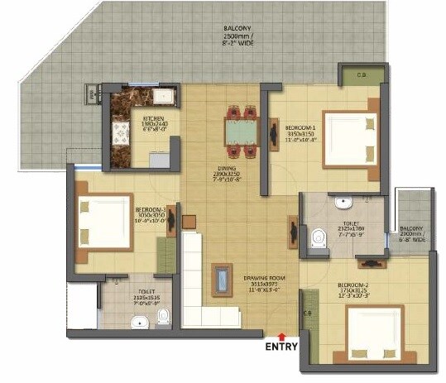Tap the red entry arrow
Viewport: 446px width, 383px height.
pyautogui.click(x=283, y=335)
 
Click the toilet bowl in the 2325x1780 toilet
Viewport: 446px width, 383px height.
pyautogui.click(x=317, y=238)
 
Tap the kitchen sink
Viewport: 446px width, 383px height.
pyautogui.click(x=162, y=97)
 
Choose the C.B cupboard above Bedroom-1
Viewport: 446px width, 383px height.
pyautogui.click(x=362, y=76)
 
